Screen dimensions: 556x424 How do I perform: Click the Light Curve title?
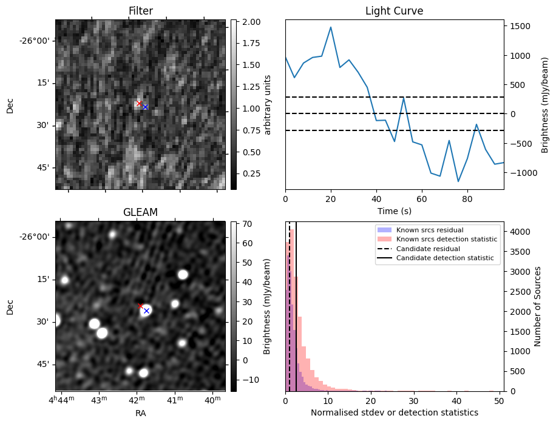coord(395,11)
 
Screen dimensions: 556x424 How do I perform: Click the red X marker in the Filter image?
coord(139,103)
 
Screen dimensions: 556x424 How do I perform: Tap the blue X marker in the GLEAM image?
coord(146,311)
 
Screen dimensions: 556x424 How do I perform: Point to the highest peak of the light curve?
coord(331,27)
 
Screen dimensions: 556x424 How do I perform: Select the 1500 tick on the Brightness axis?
coord(520,26)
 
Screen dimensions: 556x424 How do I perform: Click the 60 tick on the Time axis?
coord(422,199)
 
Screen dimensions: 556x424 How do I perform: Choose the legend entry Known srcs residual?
coord(430,230)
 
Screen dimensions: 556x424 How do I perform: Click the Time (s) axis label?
coord(395,211)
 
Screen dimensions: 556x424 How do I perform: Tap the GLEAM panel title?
coord(140,212)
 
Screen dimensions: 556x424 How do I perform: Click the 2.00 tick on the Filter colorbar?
coord(251,22)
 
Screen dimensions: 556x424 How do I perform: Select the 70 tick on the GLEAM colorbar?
coord(247,224)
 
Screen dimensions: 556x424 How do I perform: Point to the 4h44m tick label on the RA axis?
coord(62,399)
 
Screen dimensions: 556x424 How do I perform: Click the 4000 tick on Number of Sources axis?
coord(520,232)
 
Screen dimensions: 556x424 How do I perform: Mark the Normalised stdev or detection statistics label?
coord(395,412)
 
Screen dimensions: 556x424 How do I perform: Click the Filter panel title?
coord(141,11)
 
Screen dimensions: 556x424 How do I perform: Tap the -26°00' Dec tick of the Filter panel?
coord(37,41)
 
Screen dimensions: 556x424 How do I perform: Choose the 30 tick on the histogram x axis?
coord(414,401)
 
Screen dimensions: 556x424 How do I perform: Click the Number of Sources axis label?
coord(537,307)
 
